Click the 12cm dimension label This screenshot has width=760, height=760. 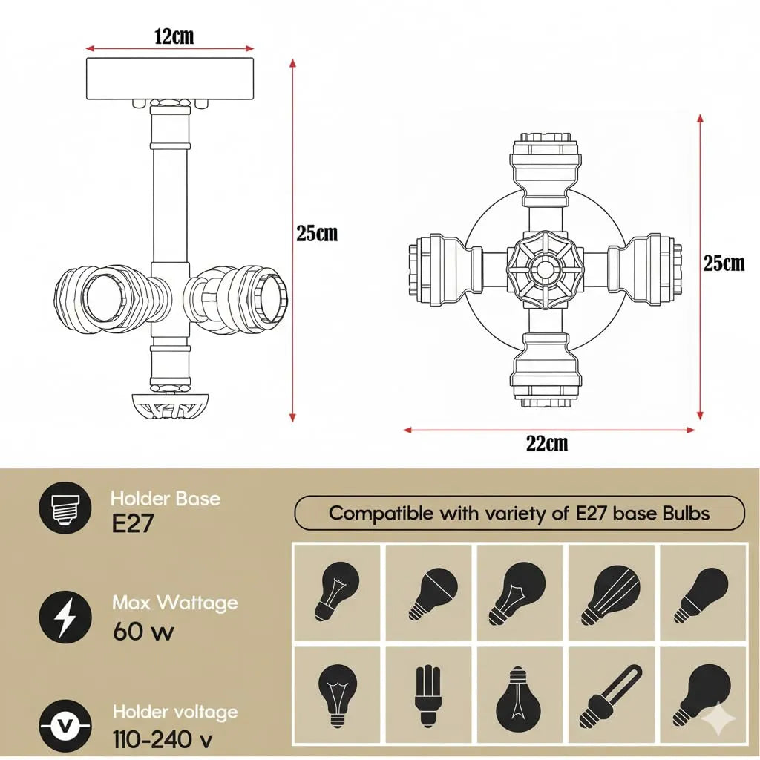click(x=174, y=36)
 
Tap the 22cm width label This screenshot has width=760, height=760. click(x=547, y=444)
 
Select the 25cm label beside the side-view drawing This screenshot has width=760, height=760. click(x=317, y=233)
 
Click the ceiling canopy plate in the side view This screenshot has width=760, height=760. click(x=170, y=79)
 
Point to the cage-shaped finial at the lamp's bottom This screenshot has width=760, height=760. click(x=170, y=407)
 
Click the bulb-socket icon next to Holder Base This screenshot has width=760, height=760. click(x=65, y=509)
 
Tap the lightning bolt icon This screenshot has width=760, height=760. click(x=65, y=617)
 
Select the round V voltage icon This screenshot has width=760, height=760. click(x=65, y=724)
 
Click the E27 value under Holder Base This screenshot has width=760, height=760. click(x=133, y=524)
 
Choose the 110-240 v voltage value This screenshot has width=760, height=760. click(x=163, y=739)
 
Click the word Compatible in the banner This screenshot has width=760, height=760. click(x=380, y=513)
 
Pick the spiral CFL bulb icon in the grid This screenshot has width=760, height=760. click(x=427, y=695)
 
